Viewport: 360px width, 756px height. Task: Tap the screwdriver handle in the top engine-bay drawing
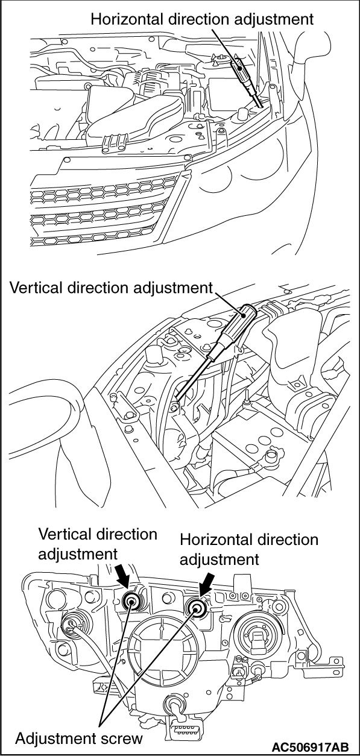(241, 72)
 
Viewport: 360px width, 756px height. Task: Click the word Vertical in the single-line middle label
(36, 288)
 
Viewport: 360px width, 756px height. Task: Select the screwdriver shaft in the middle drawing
(195, 374)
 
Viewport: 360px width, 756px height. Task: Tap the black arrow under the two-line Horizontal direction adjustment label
(206, 581)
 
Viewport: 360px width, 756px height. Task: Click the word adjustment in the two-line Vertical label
(78, 555)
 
